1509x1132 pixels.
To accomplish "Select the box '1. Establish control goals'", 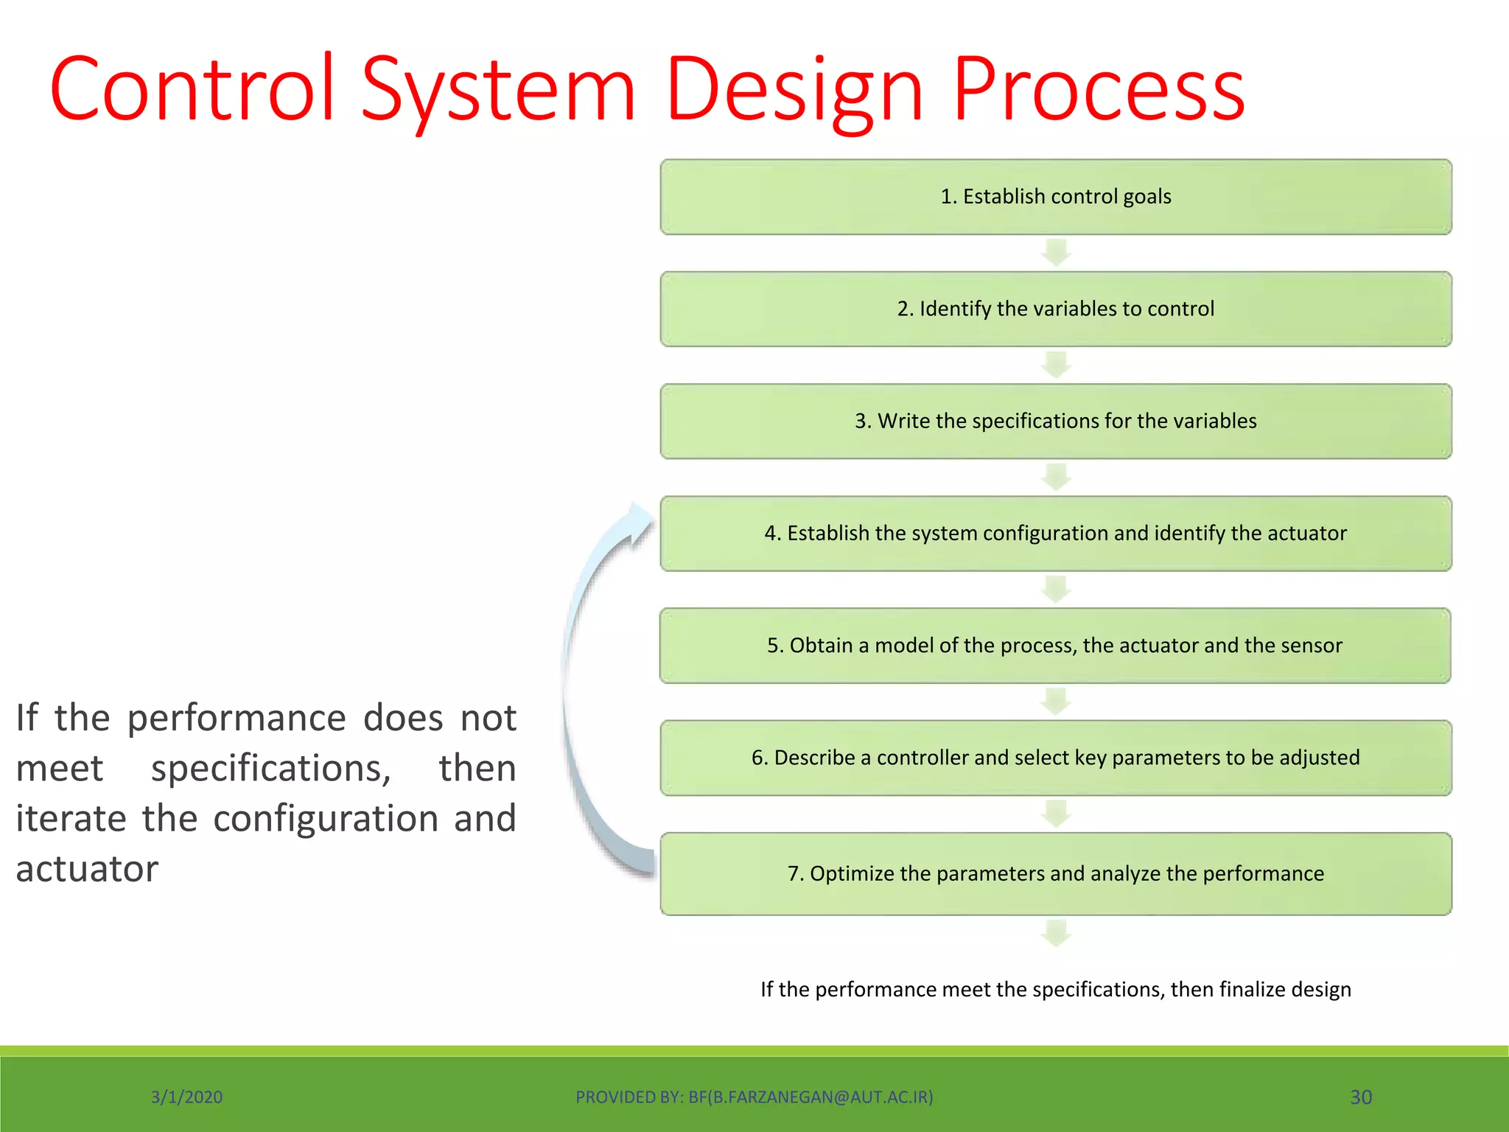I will tap(1055, 197).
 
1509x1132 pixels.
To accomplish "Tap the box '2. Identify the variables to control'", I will tap(1055, 309).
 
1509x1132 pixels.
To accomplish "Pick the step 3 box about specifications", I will tap(1055, 421).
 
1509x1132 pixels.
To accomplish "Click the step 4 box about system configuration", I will tap(1055, 533).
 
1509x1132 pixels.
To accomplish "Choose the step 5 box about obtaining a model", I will tap(1055, 646).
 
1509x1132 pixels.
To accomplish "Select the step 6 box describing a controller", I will tap(1055, 758).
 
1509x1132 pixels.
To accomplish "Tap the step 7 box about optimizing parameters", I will tap(1055, 873).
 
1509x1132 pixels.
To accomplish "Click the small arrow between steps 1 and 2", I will tap(1056, 253).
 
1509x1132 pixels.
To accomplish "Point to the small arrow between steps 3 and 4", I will tap(1056, 477).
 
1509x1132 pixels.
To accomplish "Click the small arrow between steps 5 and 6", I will tap(1056, 702).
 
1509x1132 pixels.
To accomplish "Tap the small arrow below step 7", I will tap(1056, 933).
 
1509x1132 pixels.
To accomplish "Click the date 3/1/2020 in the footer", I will tap(186, 1097).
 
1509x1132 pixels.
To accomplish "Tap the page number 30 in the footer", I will tap(1360, 1097).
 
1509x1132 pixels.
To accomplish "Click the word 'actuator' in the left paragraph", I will tap(87, 869).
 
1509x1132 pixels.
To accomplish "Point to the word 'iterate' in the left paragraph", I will tap(71, 819).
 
